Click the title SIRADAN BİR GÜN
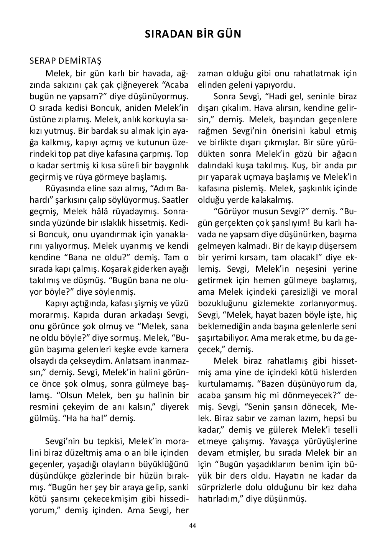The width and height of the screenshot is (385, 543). coord(193,34)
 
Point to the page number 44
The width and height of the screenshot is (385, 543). coord(192,525)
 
